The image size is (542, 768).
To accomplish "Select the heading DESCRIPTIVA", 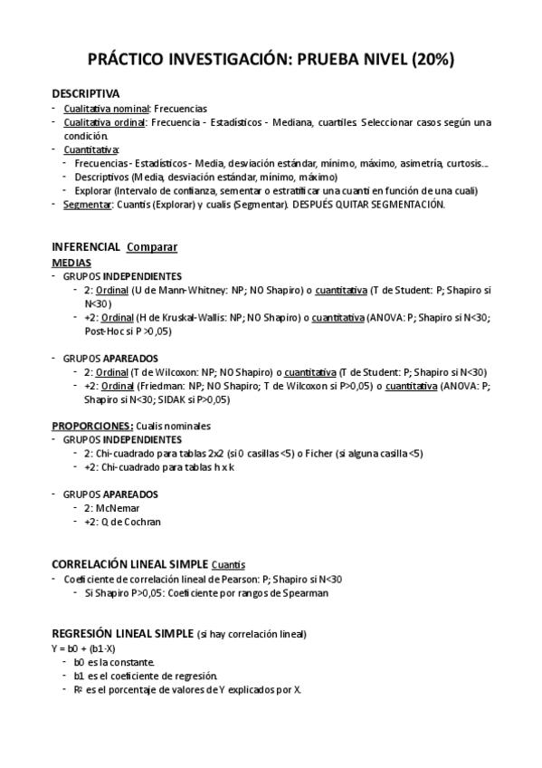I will click(x=85, y=93).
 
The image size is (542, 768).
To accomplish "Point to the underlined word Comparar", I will click(x=152, y=246).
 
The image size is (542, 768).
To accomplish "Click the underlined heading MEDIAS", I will click(x=71, y=262).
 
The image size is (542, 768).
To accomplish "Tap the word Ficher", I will click(x=323, y=453).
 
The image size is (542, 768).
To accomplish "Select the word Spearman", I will click(x=305, y=592).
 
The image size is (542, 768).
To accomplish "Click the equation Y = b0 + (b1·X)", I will click(x=84, y=648).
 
